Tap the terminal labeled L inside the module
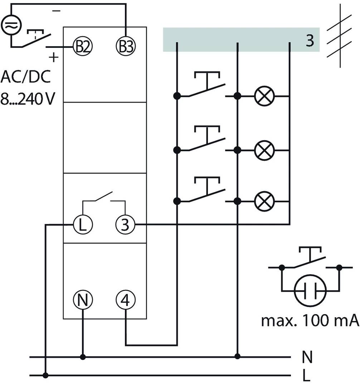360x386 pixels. point(83,225)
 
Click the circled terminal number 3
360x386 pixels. point(125,225)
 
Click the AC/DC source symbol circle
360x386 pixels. point(11,24)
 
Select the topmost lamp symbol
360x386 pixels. point(264,96)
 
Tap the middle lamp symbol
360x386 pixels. point(264,150)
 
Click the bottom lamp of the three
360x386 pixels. point(264,202)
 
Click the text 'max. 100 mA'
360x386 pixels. point(310,321)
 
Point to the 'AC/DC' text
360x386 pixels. point(25,77)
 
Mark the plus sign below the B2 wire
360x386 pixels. point(53,57)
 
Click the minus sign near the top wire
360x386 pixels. point(56,11)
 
